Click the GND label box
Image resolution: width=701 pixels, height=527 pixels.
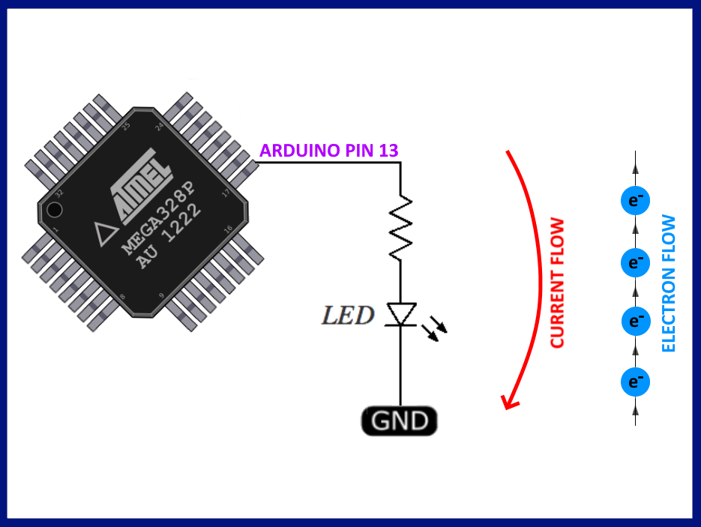399,421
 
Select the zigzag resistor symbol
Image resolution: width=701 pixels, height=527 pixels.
400,227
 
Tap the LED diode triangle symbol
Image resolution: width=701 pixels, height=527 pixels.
400,315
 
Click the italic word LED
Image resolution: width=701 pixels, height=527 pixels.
348,316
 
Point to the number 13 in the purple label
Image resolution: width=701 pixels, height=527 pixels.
388,151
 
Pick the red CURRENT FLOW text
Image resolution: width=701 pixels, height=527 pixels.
556,283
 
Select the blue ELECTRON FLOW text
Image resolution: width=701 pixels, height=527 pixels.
669,283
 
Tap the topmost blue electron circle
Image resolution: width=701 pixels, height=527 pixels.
636,201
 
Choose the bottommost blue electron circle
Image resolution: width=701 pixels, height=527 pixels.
636,382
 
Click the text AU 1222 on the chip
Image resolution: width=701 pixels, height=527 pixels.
169,236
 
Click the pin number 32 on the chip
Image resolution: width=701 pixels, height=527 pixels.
59,193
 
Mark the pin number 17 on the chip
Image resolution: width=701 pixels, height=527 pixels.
227,193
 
